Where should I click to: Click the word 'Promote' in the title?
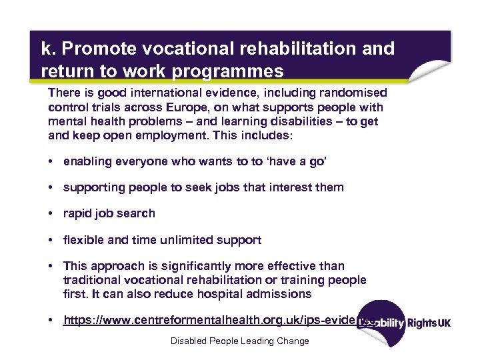click(93, 49)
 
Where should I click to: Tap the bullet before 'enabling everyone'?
click(51, 161)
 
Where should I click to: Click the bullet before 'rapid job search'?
click(51, 213)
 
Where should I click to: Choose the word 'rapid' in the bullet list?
click(79, 213)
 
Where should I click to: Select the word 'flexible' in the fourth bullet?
click(83, 239)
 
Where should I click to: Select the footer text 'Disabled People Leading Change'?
click(239, 341)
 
